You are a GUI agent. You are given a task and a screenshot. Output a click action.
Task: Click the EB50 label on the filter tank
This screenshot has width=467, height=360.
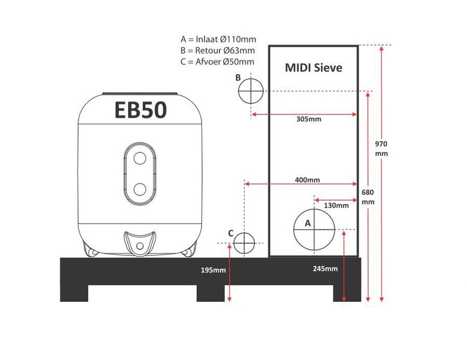(140, 110)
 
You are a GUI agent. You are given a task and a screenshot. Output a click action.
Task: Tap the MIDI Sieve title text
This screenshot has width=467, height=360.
(314, 67)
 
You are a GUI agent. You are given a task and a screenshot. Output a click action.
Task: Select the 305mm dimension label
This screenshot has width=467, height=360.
(309, 119)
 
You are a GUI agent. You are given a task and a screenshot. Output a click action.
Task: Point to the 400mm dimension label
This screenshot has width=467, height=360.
(307, 180)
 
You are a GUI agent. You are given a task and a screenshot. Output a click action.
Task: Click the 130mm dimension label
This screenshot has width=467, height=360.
(336, 205)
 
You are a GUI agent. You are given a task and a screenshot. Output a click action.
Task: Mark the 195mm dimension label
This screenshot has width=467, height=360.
(213, 269)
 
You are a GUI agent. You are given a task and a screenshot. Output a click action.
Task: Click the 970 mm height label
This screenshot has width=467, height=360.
(381, 148)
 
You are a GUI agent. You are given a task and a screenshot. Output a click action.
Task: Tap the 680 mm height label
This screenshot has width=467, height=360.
(368, 197)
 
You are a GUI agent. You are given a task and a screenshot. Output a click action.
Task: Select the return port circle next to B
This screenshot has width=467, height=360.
(251, 91)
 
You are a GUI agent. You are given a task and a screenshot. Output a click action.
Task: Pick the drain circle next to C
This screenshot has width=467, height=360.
(244, 243)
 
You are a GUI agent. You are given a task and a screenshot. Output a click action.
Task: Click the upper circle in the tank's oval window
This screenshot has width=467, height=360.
(140, 159)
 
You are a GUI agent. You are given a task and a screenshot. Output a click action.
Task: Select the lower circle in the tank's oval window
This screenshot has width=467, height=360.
(140, 189)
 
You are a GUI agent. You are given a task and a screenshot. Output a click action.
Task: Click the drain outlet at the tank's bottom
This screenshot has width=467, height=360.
(140, 245)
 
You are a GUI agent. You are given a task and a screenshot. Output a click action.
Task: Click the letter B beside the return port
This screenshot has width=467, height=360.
(238, 77)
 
